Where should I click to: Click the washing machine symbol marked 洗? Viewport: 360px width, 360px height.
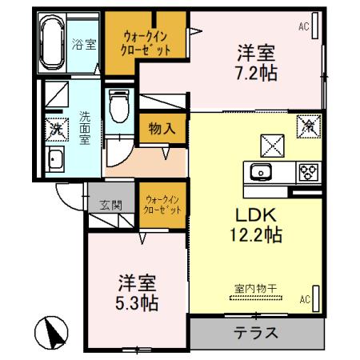coord(56,126)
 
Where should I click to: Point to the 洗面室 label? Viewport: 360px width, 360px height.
coord(84,127)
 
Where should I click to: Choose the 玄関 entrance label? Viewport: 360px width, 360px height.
coord(111,204)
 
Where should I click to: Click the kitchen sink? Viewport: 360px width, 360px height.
coord(262,170)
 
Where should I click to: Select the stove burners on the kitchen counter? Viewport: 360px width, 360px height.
coord(306,170)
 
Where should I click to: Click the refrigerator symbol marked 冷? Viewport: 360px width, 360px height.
coord(308,126)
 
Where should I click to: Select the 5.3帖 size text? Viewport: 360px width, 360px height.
coord(138,303)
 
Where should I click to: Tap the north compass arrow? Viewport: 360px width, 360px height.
coord(50,333)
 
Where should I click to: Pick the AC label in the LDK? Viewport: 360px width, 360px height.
coord(305,300)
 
